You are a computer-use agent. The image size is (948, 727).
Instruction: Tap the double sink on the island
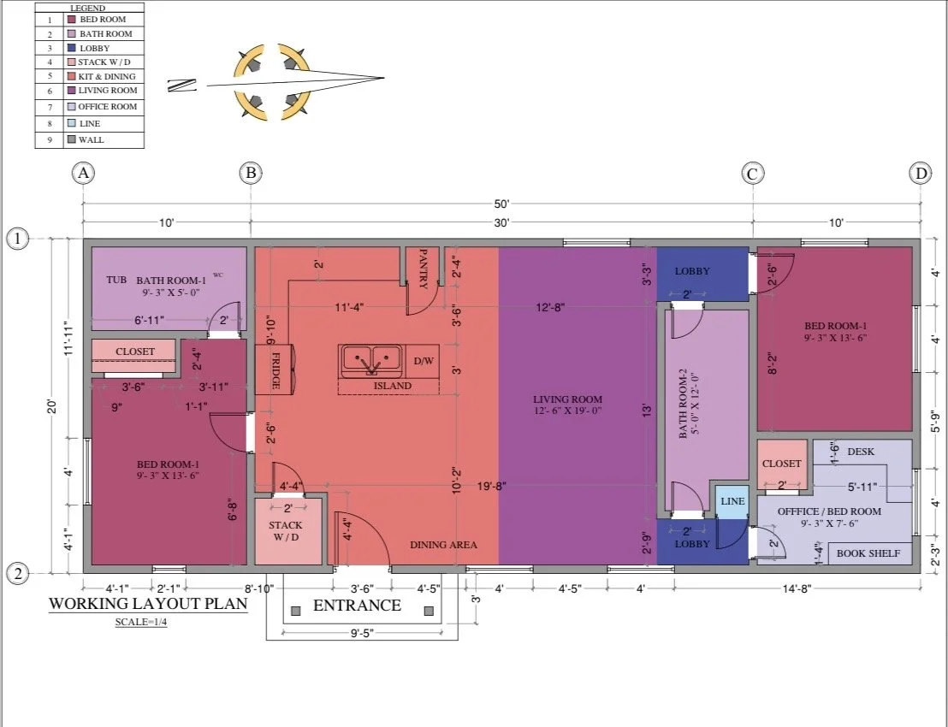click(x=371, y=360)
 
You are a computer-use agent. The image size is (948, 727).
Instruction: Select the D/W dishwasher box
click(x=424, y=361)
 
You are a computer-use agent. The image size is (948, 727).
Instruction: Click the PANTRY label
click(x=423, y=268)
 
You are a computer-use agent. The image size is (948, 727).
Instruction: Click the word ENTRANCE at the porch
click(x=357, y=606)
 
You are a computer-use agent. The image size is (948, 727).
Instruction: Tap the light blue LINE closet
click(x=732, y=501)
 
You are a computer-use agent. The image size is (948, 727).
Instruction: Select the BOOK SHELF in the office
click(x=868, y=553)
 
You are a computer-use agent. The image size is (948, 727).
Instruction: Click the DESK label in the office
click(x=860, y=451)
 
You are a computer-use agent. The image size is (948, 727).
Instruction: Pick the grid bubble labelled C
click(x=752, y=174)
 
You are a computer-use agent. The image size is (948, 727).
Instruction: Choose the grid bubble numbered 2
click(x=18, y=573)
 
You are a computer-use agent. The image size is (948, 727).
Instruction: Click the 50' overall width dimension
click(x=501, y=204)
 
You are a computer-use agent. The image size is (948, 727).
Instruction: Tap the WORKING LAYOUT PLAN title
click(x=148, y=603)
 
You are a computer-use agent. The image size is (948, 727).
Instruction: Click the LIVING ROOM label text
click(x=567, y=399)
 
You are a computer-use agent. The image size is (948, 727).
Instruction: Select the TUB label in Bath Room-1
click(x=116, y=280)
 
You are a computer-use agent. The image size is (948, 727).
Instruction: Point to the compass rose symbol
click(x=270, y=83)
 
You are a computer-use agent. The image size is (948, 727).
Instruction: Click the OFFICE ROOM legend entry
click(x=107, y=107)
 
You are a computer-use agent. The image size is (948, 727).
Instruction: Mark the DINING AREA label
click(x=443, y=545)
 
